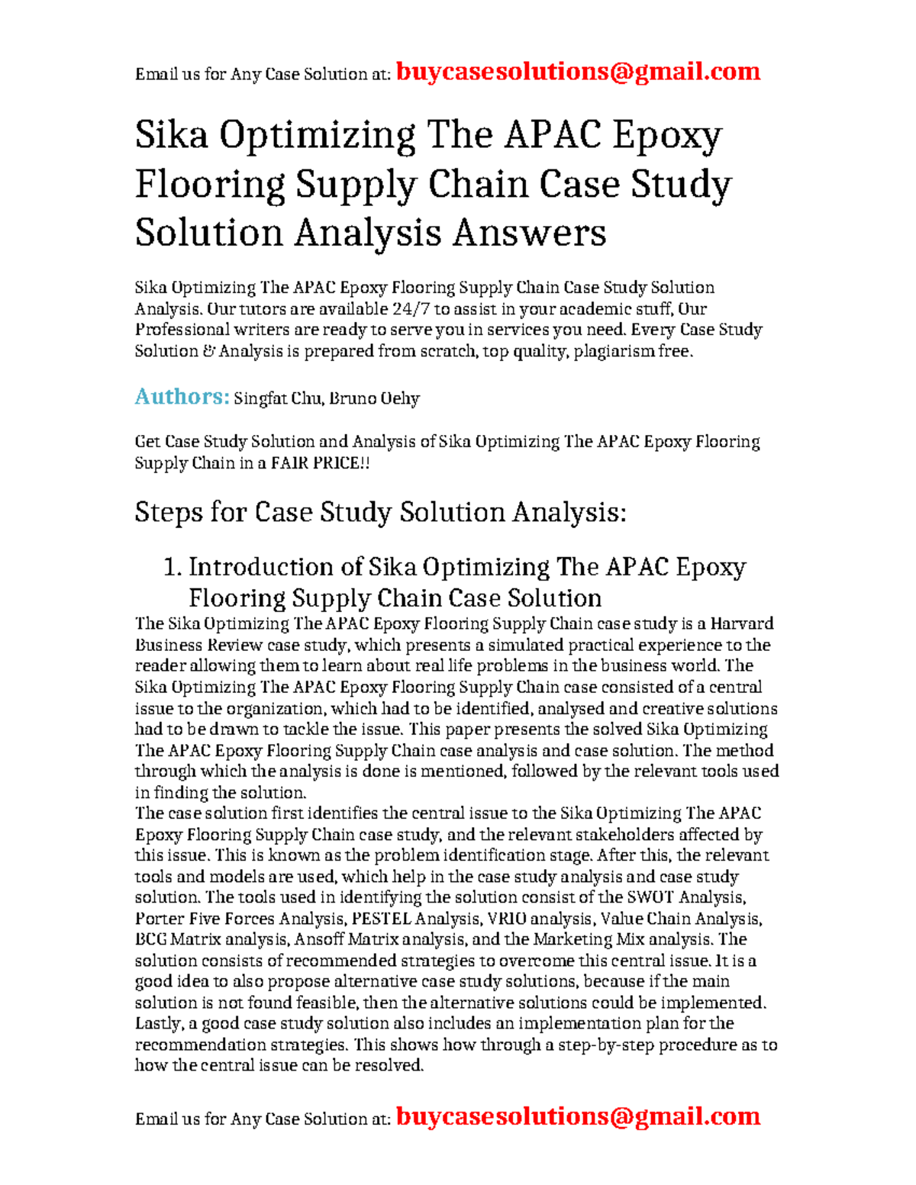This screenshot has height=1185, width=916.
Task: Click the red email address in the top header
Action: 578,72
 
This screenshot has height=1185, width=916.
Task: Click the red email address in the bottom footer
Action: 578,1116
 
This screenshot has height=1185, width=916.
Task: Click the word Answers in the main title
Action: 529,232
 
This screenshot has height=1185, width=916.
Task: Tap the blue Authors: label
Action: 182,397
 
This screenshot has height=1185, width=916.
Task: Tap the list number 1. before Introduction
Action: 173,567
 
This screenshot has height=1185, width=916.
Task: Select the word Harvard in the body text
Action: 742,623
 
